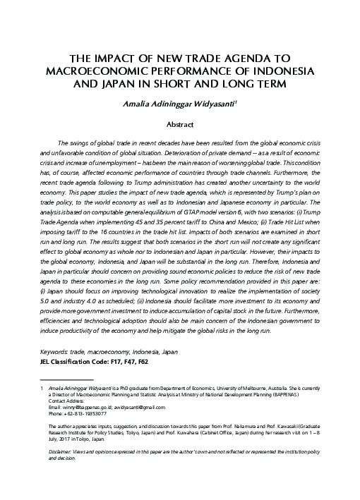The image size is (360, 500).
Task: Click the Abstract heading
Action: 180,123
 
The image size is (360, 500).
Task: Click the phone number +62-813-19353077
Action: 85,414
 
